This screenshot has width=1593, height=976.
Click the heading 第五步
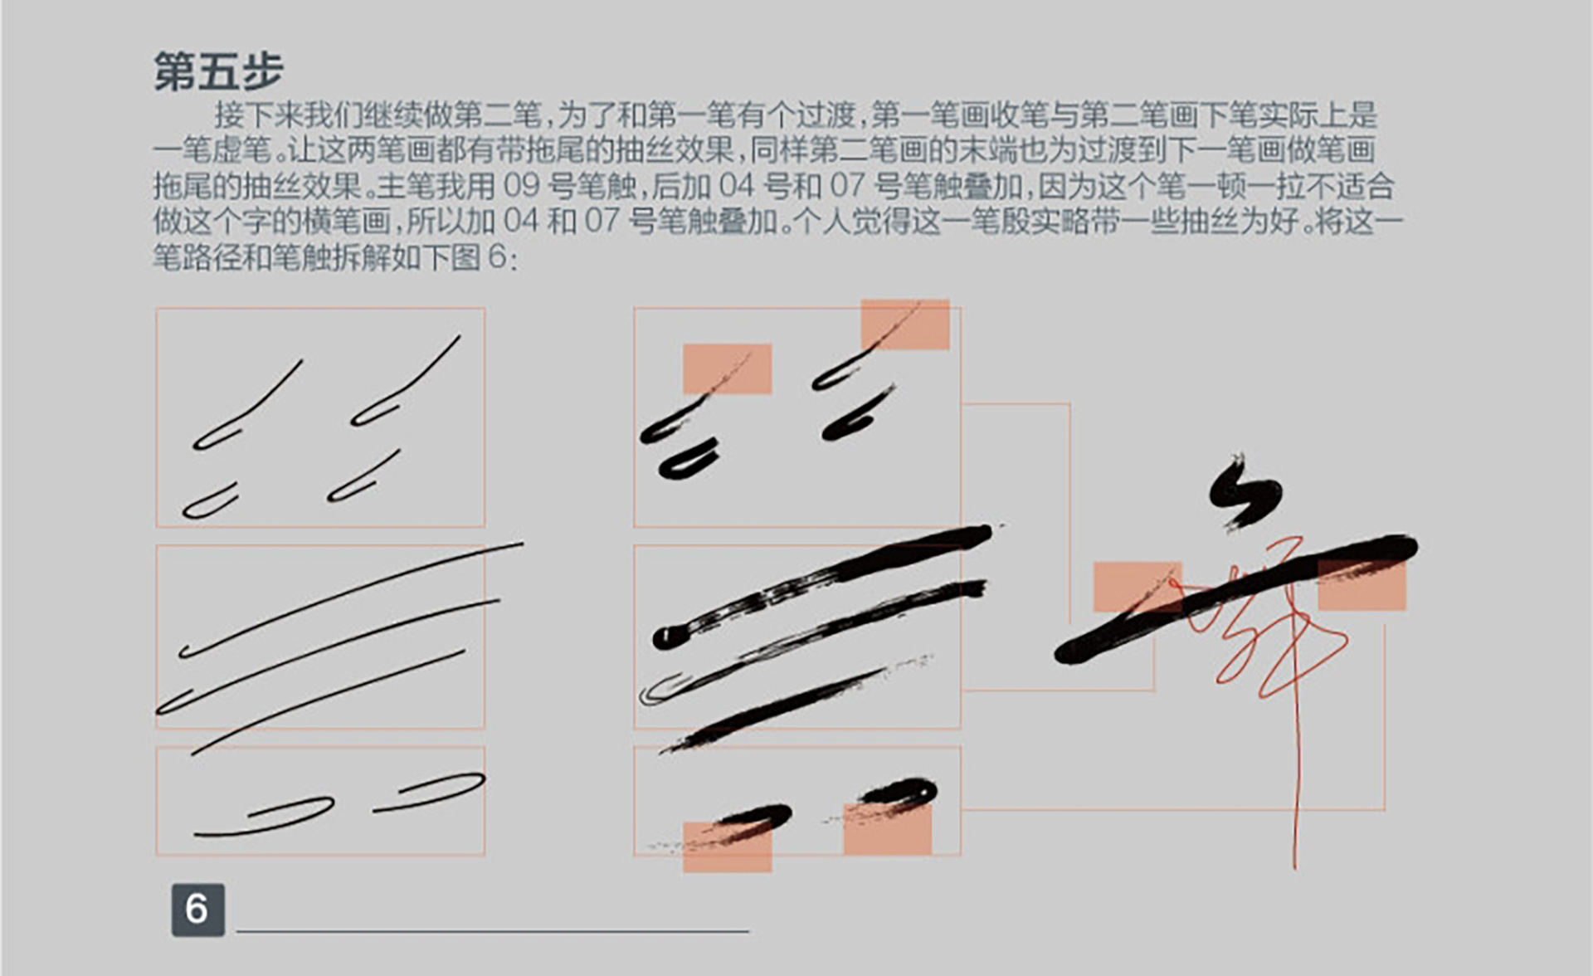point(218,71)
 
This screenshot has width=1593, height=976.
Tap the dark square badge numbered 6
point(197,910)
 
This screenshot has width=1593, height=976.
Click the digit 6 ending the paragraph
point(497,256)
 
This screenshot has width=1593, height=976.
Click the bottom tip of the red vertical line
point(1295,868)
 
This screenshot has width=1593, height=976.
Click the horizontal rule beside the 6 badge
point(493,931)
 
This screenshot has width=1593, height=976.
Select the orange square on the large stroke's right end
point(1362,586)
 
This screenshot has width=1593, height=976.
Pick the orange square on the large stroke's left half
point(1138,587)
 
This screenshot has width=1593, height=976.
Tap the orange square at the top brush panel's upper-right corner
point(905,325)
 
